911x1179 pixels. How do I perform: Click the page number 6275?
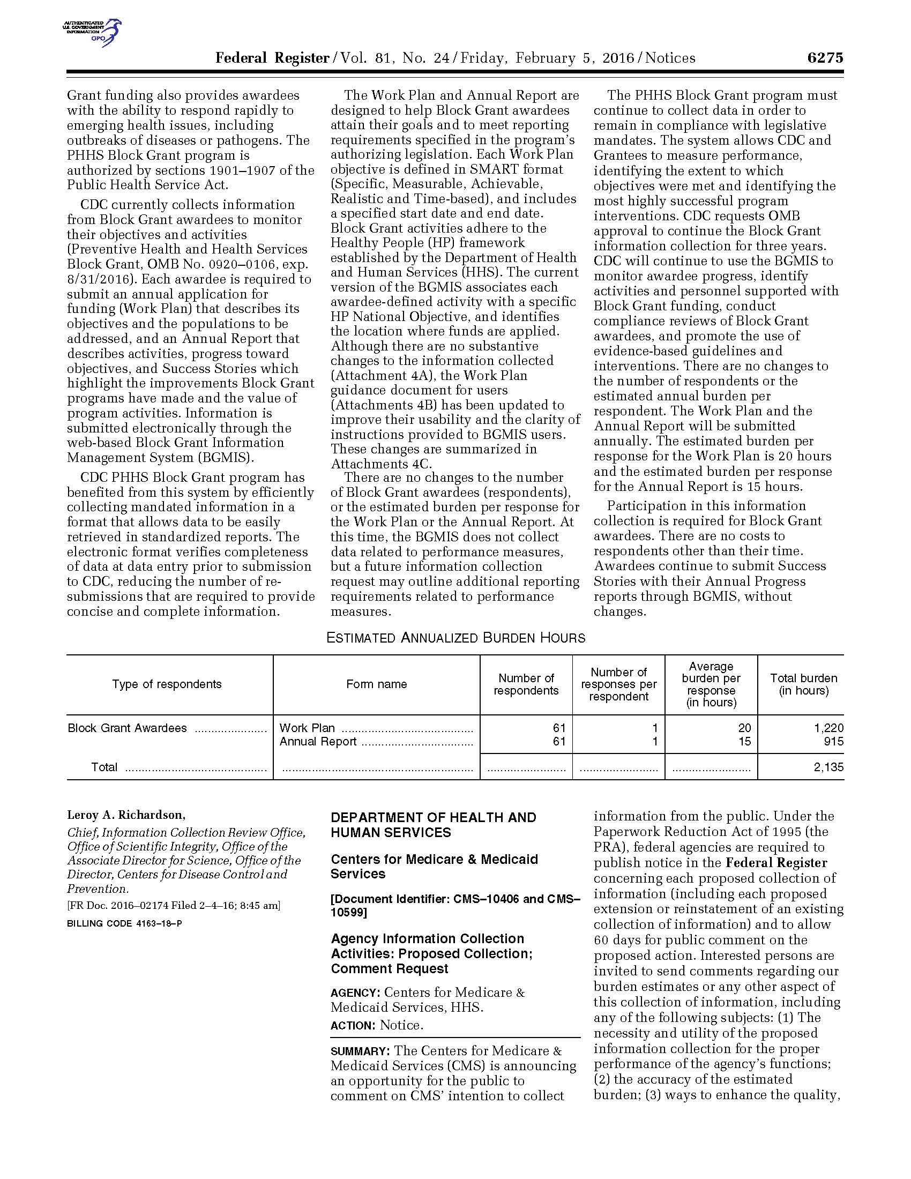pyautogui.click(x=825, y=58)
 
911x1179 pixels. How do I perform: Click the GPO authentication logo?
pyautogui.click(x=92, y=32)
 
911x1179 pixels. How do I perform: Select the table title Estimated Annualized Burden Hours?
pyautogui.click(x=455, y=638)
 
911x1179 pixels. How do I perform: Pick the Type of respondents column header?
pyautogui.click(x=167, y=684)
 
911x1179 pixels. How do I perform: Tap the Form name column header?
pyautogui.click(x=376, y=684)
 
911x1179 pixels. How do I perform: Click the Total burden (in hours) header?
pyautogui.click(x=803, y=684)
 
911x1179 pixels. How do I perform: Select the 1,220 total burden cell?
pyautogui.click(x=828, y=728)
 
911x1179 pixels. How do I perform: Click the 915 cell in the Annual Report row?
pyautogui.click(x=833, y=741)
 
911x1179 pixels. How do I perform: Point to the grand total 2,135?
pyautogui.click(x=828, y=766)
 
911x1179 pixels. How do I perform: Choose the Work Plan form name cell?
pyautogui.click(x=307, y=728)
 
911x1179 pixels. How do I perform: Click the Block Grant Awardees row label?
pyautogui.click(x=128, y=728)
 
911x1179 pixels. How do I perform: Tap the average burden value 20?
pyautogui.click(x=744, y=728)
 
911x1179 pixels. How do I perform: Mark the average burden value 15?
pyautogui.click(x=744, y=741)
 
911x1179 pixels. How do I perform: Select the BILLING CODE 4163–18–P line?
pyautogui.click(x=124, y=923)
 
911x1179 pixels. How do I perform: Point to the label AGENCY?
pyautogui.click(x=356, y=992)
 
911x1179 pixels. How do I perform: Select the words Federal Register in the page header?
pyautogui.click(x=272, y=58)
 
